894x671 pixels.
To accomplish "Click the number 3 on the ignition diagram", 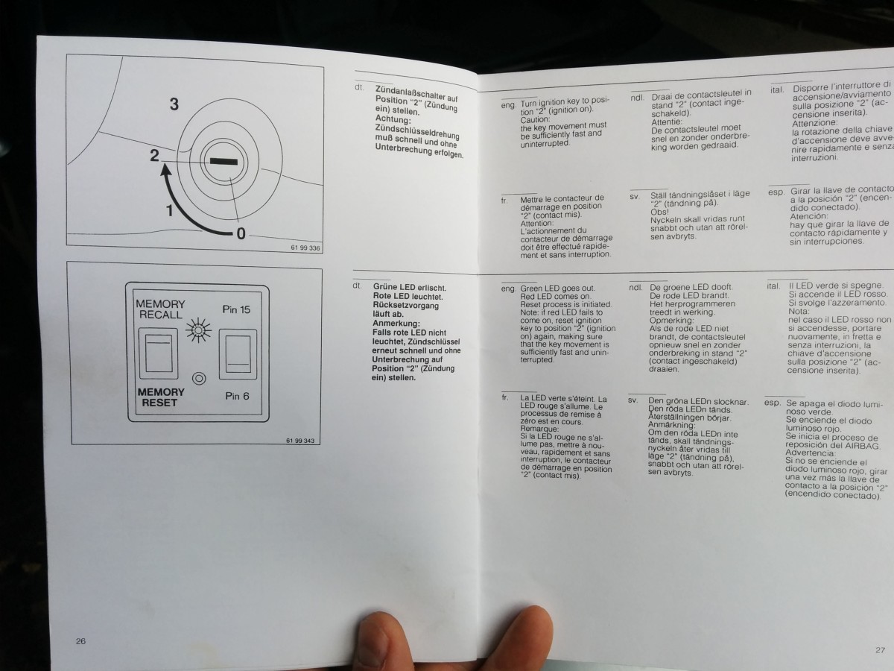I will click(x=174, y=104).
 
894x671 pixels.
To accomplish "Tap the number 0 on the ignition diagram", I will click(x=241, y=233).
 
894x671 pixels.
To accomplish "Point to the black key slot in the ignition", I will click(x=223, y=161).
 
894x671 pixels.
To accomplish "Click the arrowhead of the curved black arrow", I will click(x=164, y=172).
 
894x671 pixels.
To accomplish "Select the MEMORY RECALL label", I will click(x=160, y=309).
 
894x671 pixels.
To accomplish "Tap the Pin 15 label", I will click(x=236, y=309).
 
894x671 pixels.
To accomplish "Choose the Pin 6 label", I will click(x=237, y=396).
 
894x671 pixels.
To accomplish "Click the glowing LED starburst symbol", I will click(x=198, y=330).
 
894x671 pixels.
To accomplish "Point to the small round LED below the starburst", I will click(x=198, y=379).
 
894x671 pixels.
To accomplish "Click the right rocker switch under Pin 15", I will click(x=238, y=356).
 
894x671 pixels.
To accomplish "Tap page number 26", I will click(x=80, y=640).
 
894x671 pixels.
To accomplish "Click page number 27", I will click(x=880, y=649).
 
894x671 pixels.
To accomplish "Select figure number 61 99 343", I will click(x=299, y=441).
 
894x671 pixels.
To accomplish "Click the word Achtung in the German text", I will click(x=393, y=119).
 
